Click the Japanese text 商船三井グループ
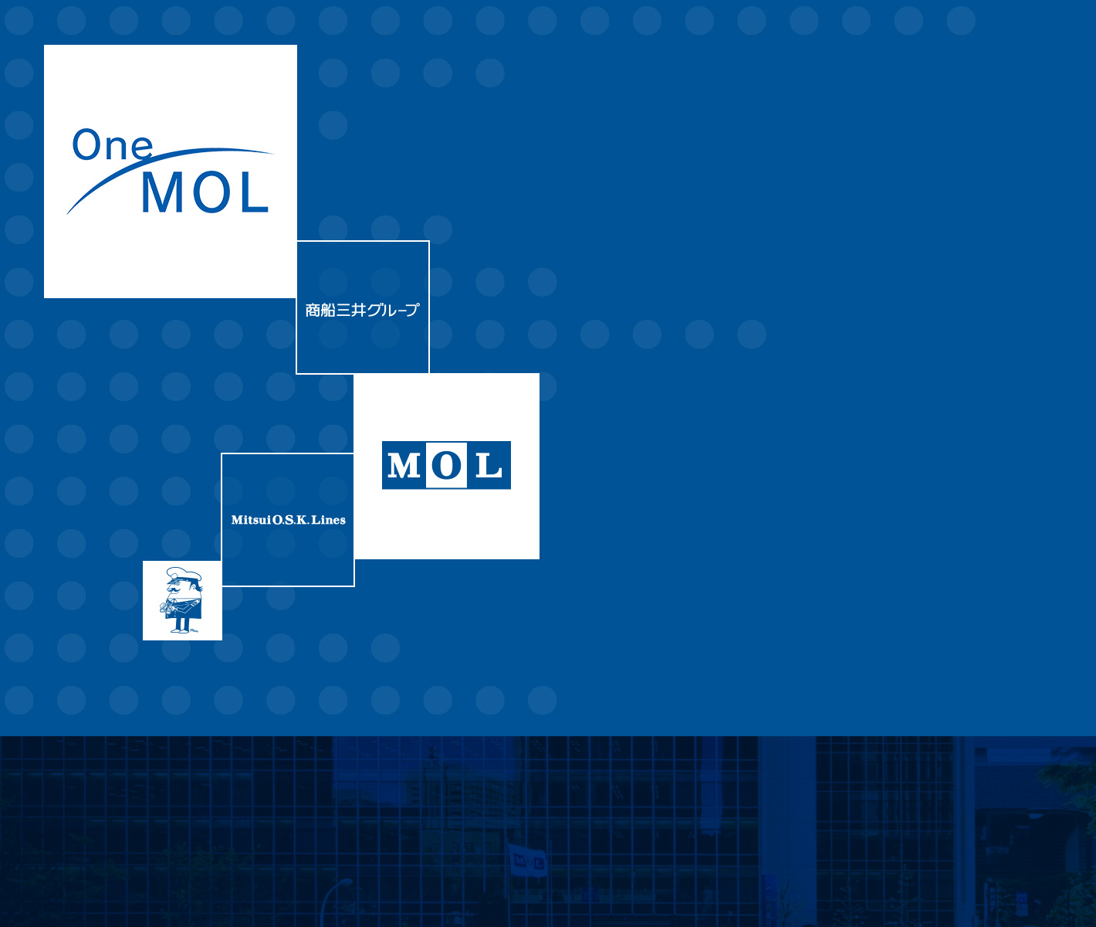click(362, 310)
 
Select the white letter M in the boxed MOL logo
click(404, 466)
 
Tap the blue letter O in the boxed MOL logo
click(446, 465)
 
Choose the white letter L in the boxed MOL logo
click(489, 466)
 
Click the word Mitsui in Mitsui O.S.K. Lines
click(251, 520)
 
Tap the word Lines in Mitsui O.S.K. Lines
click(329, 520)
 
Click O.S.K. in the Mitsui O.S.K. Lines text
click(291, 520)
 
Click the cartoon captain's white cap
click(184, 575)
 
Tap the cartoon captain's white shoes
click(180, 630)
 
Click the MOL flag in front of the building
click(528, 861)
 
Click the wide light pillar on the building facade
click(786, 831)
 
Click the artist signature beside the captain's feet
click(194, 630)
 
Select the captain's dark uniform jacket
click(184, 609)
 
